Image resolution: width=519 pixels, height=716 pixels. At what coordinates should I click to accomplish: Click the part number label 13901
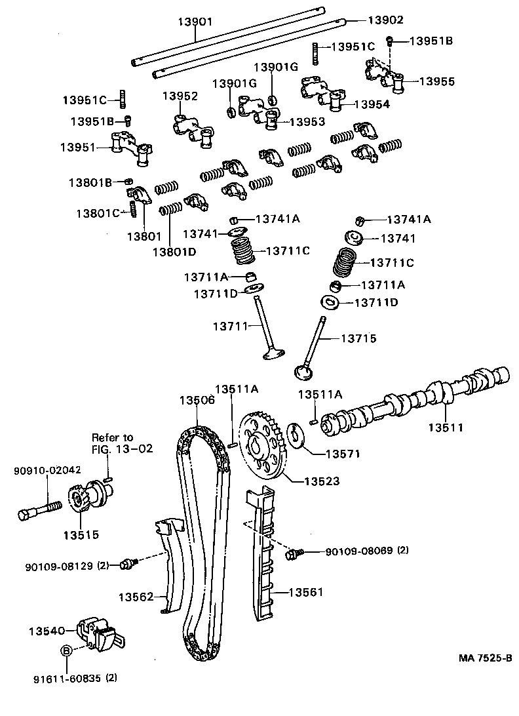click(x=195, y=22)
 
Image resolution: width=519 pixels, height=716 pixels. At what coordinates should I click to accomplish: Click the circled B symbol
click(x=66, y=650)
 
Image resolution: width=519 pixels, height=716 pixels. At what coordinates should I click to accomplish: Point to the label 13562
click(x=136, y=597)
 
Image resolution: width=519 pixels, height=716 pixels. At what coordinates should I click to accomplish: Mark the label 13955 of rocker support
click(x=436, y=82)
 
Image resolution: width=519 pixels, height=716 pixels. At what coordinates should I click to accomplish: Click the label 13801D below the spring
click(x=175, y=250)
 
